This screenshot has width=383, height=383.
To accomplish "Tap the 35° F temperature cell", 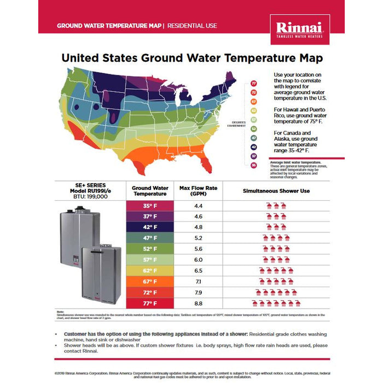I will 149,206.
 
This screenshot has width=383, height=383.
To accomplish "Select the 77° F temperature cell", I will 149,303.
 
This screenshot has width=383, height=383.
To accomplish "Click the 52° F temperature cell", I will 149,249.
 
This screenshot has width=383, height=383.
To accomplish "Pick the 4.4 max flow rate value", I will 199,206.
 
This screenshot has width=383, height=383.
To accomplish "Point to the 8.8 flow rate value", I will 199,303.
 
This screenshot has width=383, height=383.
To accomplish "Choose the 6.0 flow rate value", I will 199,260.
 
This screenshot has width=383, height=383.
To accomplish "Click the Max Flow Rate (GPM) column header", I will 199,190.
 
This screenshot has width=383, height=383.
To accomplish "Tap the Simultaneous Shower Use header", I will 276,190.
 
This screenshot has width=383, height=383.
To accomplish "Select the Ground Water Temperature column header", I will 149,190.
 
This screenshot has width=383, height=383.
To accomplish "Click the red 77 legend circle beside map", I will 254,83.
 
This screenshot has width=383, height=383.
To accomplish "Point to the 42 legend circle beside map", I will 254,147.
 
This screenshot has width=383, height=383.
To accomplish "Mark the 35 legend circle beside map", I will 254,165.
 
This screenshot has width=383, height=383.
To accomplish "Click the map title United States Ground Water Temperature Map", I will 191,57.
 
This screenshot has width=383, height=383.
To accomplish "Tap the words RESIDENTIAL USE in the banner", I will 192,26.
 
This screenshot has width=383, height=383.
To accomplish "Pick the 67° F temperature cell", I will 149,282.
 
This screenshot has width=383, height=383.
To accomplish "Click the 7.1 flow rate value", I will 199,282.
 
